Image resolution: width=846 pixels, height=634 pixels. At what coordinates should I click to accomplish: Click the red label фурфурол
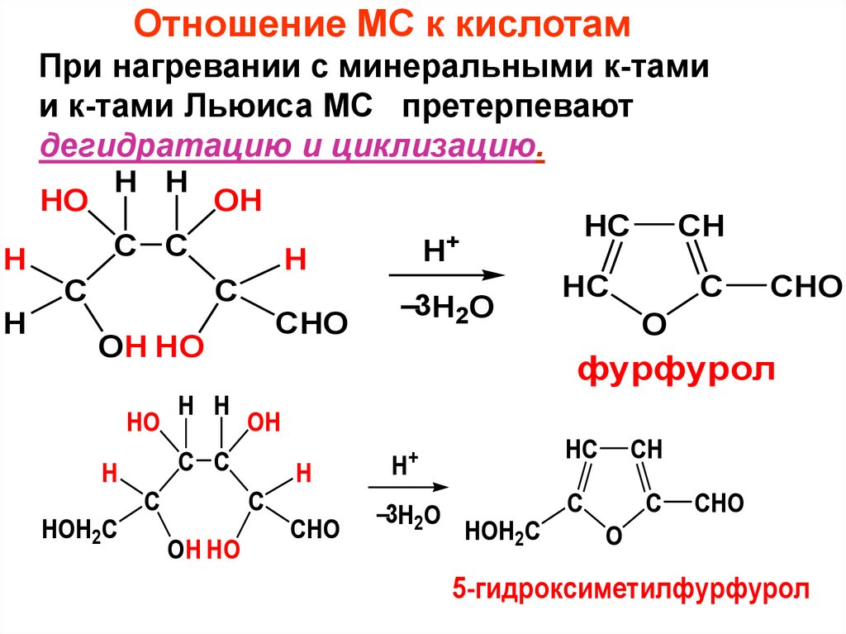click(676, 369)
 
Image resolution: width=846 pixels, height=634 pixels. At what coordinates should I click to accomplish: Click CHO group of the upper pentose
click(312, 323)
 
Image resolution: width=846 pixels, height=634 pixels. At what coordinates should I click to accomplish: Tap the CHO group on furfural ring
click(805, 287)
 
